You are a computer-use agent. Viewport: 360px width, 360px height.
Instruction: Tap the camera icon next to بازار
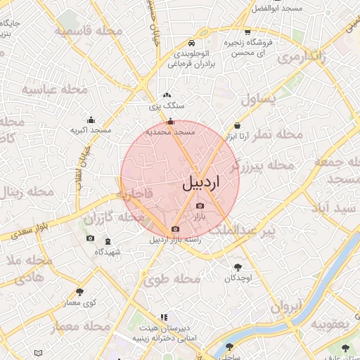[200, 205]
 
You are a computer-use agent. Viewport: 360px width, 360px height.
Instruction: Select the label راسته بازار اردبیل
[175, 239]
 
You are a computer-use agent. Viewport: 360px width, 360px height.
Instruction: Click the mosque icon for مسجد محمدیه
[170, 121]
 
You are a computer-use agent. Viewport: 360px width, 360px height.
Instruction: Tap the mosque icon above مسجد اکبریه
[91, 120]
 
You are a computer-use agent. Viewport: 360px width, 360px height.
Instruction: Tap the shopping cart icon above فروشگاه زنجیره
[247, 31]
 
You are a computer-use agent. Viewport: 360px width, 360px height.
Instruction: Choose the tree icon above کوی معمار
[79, 291]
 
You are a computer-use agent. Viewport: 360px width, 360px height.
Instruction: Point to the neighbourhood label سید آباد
[336, 209]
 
